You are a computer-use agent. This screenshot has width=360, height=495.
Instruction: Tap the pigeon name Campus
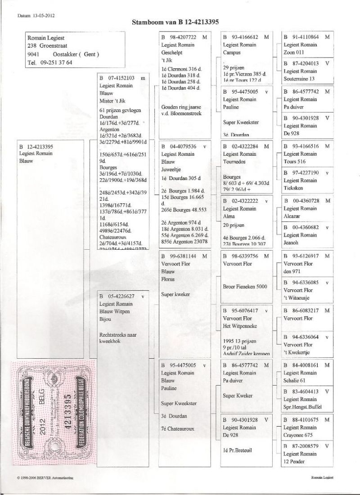(x=232, y=52)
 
